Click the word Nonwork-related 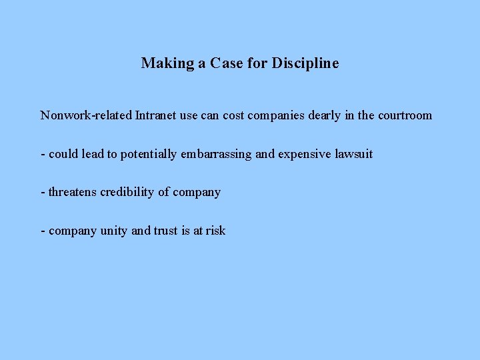coord(86,115)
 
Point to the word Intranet coord(157,115)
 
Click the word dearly coord(325,115)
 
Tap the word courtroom coord(405,115)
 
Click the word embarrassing coord(216,154)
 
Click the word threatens coord(73,192)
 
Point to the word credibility coord(127,192)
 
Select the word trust coord(167,231)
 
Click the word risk coord(215,231)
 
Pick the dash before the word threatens coord(43,193)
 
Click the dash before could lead coord(43,155)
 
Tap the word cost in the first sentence coord(233,115)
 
